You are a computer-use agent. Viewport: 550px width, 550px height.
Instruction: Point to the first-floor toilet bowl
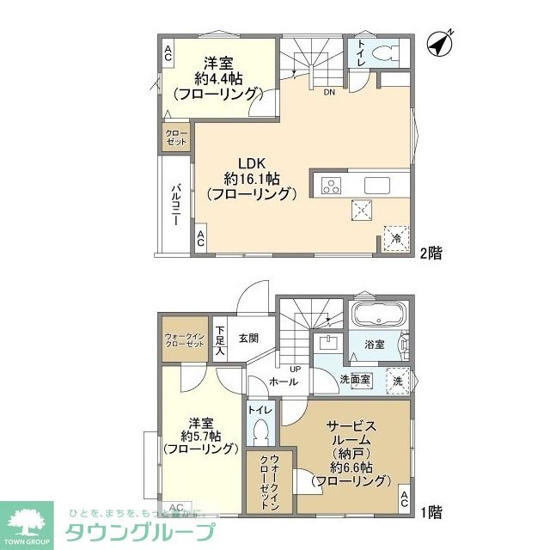261,431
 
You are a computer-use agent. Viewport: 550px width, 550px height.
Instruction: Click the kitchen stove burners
331,186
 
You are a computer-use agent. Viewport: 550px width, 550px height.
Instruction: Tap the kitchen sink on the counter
376,186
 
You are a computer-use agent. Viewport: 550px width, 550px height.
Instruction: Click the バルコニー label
174,205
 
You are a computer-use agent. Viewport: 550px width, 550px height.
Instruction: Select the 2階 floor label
431,254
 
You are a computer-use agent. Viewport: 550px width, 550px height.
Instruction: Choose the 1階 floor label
431,513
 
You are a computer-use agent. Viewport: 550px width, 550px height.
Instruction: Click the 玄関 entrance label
249,337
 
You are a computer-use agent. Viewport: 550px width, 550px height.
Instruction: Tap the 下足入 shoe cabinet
220,340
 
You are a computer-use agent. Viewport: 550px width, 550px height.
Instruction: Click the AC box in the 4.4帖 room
168,53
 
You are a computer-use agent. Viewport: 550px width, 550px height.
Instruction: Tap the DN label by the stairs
329,94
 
